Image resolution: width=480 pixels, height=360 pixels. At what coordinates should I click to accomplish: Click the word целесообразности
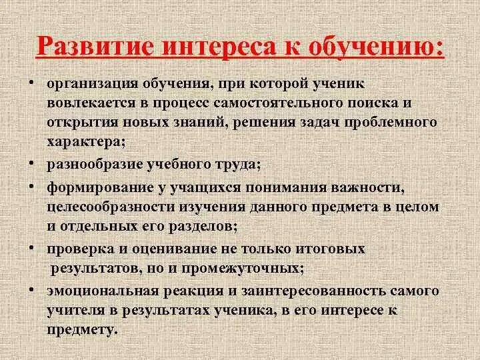[116, 205]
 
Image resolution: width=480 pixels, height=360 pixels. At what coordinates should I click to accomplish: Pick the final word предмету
[82, 330]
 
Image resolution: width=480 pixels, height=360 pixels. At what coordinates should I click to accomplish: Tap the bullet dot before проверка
[31, 249]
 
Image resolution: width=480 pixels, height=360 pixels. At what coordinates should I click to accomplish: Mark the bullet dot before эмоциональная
[31, 292]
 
